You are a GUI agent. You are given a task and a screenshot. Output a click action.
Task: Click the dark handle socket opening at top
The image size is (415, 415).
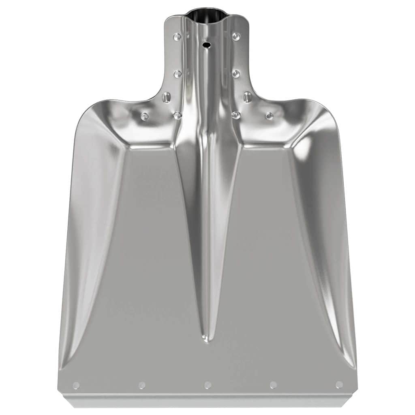(x=207, y=16)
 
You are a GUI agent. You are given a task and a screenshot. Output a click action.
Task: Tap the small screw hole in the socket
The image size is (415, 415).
(x=207, y=45)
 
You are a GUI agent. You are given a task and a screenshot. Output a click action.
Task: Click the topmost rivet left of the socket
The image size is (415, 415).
(x=177, y=37)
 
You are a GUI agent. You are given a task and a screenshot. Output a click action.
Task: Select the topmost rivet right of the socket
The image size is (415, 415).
(x=236, y=37)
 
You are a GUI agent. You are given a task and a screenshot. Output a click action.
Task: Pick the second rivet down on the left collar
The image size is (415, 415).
(x=178, y=74)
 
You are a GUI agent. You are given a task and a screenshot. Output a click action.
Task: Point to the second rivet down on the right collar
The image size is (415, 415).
(x=236, y=74)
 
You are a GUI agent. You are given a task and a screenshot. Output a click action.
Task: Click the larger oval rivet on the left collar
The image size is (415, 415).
(x=166, y=97)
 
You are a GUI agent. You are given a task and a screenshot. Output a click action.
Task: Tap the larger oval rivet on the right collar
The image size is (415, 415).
(x=247, y=97)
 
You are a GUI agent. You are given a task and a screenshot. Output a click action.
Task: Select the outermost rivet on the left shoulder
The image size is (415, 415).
(x=144, y=116)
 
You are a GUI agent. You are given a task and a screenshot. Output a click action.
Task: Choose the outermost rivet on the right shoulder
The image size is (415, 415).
(x=269, y=116)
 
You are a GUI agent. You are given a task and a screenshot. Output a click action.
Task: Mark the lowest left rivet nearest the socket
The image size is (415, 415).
(x=178, y=116)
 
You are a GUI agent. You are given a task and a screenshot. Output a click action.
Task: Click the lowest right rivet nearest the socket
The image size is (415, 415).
(x=236, y=116)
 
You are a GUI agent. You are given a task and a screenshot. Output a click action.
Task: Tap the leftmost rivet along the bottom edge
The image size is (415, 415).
(x=76, y=385)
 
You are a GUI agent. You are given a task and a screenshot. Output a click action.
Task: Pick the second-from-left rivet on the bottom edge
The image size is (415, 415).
(x=142, y=385)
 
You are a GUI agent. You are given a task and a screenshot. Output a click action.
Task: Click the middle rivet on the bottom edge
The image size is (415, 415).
(x=207, y=385)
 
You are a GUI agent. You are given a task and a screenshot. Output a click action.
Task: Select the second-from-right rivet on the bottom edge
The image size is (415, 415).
(x=273, y=385)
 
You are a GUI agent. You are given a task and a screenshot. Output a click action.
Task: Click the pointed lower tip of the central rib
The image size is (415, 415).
(x=207, y=340)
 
